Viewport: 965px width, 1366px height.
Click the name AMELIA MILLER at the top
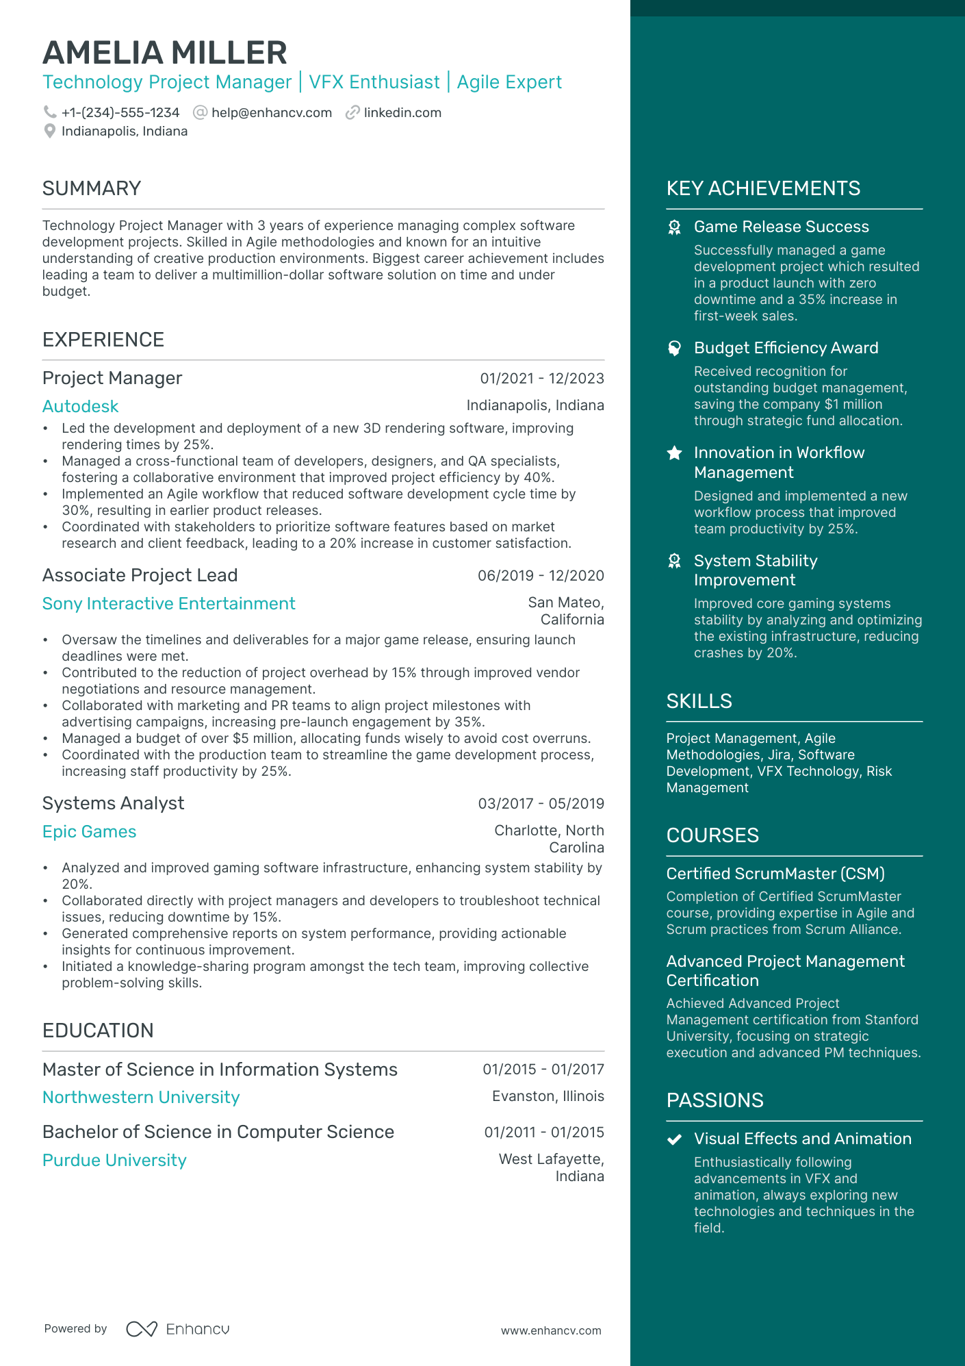pos(165,53)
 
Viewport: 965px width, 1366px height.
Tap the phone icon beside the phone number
pos(50,112)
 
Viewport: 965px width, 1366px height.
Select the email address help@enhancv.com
pos(272,112)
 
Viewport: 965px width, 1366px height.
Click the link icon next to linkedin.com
pos(352,112)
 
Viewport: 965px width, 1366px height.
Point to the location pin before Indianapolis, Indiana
pos(49,131)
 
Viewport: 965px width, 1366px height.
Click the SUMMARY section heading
pos(92,188)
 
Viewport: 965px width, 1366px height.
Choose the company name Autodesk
pos(81,406)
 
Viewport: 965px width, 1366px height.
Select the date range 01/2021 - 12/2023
pos(542,378)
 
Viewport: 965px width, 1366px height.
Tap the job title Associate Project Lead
pos(140,575)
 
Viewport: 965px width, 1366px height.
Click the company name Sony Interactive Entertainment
pos(169,603)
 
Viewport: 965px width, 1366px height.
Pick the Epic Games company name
pos(90,831)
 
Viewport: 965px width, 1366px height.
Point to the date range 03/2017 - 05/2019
pos(541,803)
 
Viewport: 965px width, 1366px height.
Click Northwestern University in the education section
pos(141,1097)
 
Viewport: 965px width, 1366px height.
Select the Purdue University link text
pos(114,1160)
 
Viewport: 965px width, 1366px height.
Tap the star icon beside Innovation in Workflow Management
pos(675,453)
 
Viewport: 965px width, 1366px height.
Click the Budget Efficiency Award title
pos(786,348)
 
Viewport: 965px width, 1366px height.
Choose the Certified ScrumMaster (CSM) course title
pos(775,874)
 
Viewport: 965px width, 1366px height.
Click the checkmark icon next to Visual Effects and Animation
pos(675,1139)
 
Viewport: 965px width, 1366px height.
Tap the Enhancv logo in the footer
pos(178,1329)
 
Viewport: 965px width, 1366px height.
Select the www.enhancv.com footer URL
pos(551,1330)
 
